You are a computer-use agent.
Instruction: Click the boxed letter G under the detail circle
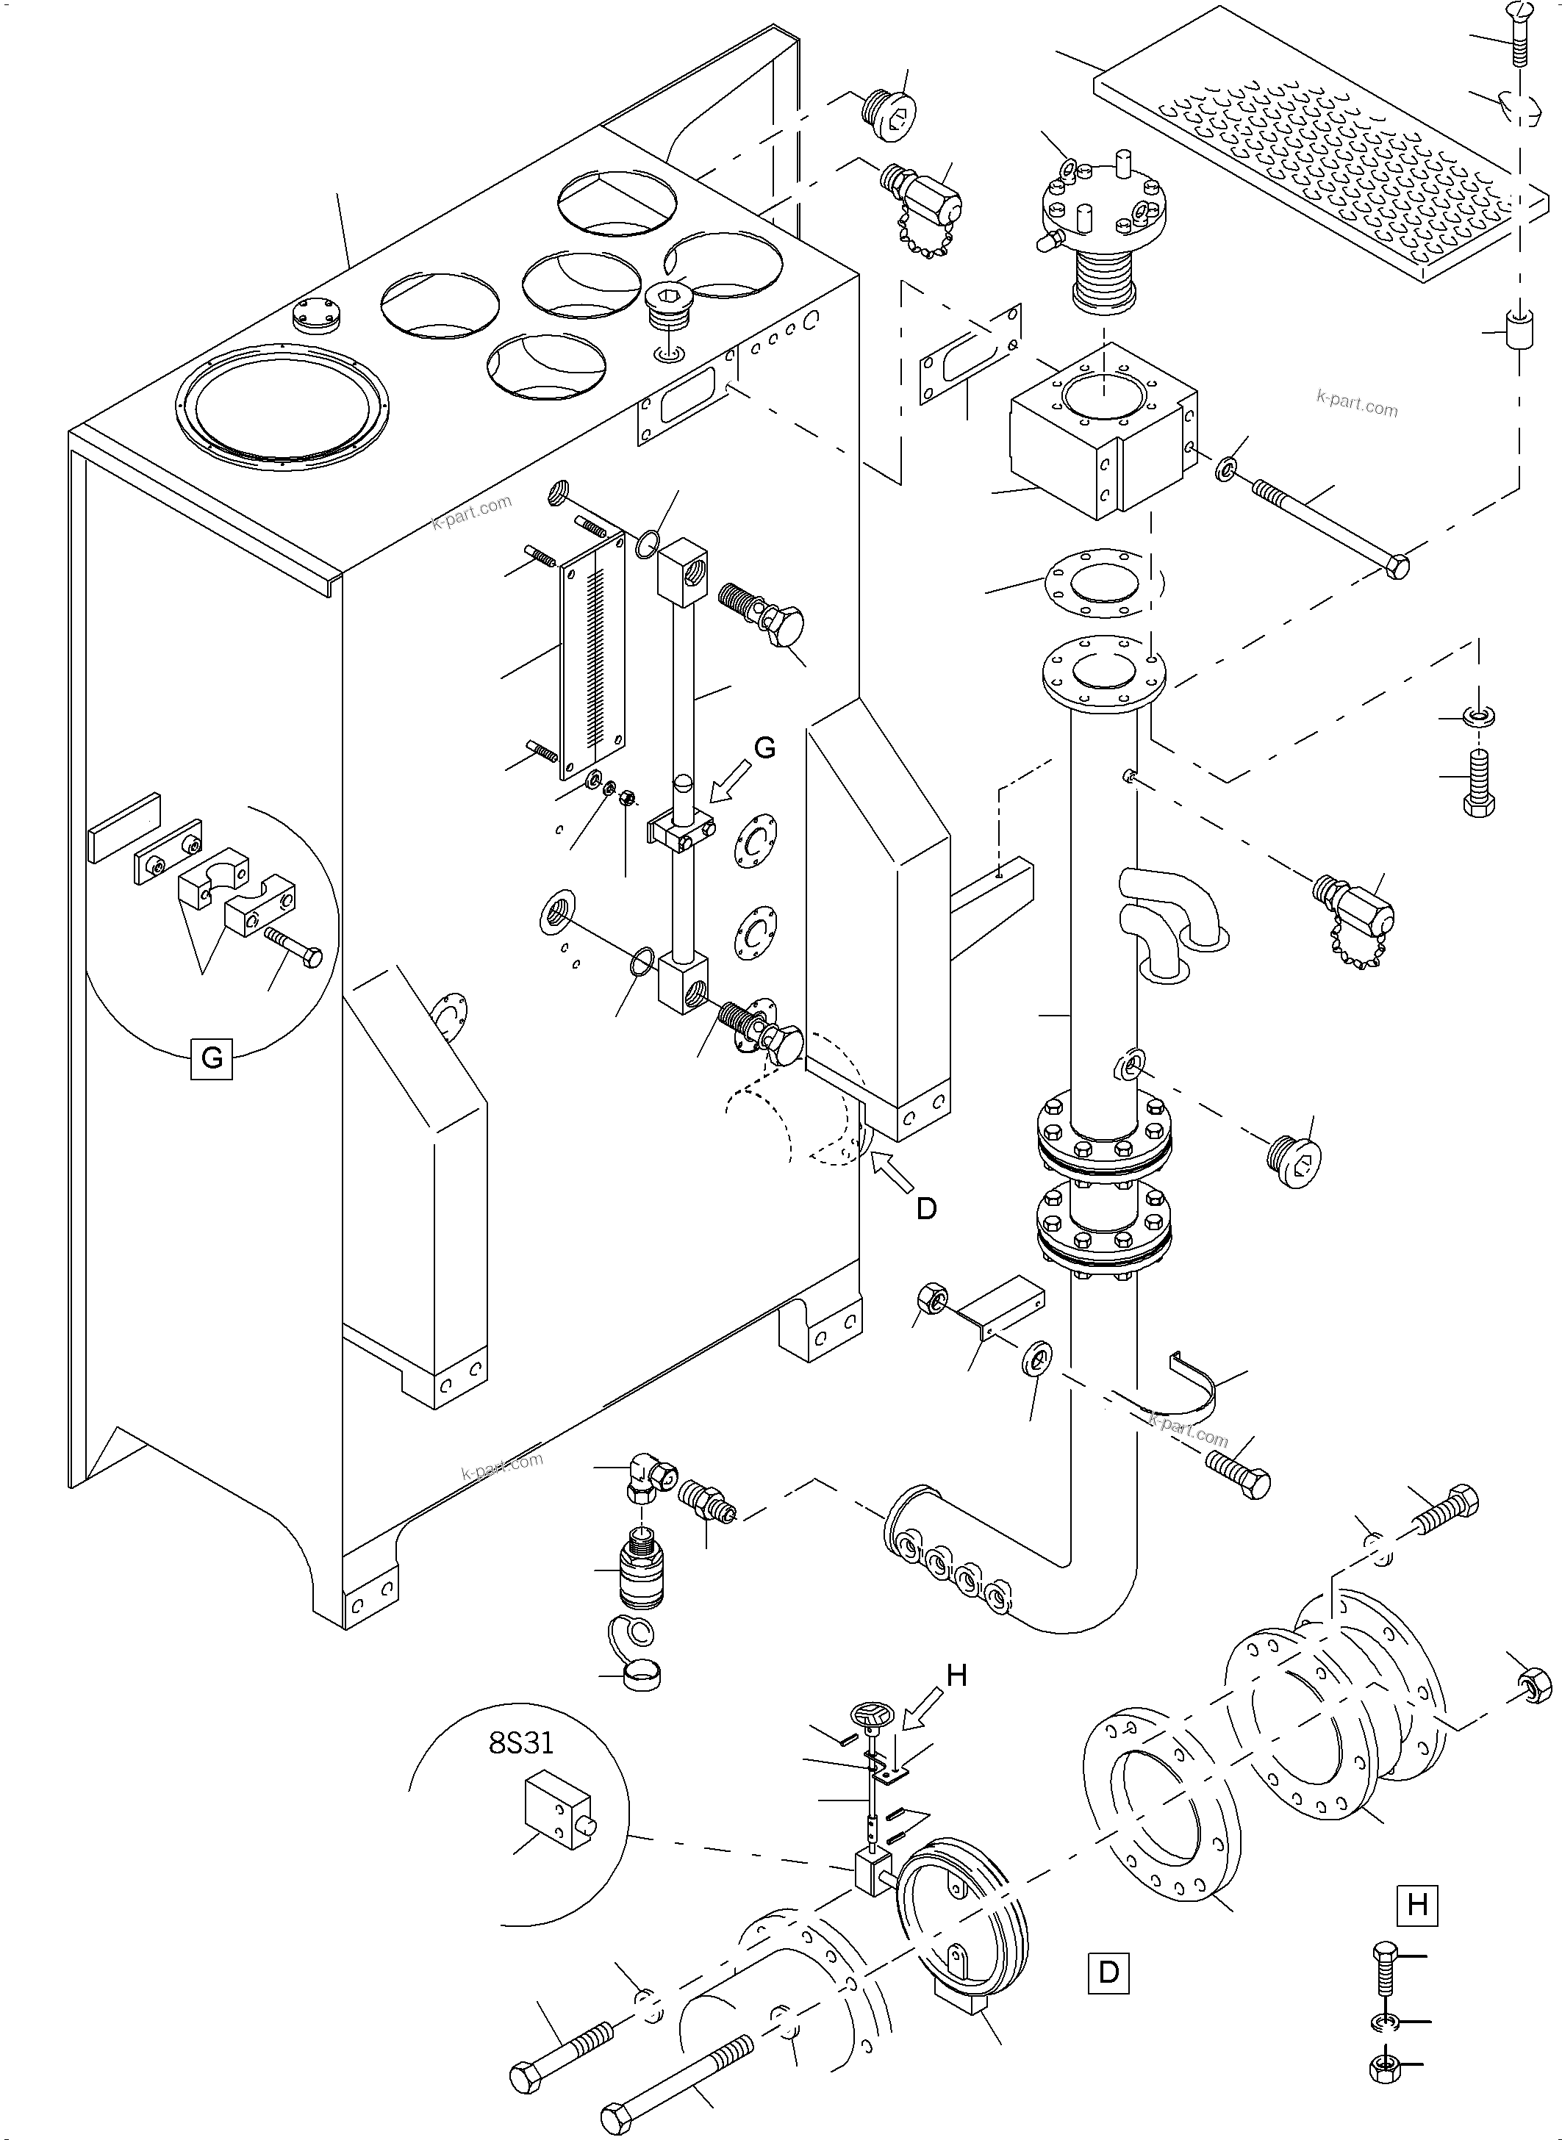click(212, 1058)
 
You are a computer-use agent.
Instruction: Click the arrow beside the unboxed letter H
click(921, 1709)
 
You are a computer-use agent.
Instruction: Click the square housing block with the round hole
click(1102, 430)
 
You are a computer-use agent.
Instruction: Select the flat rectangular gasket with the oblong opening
click(971, 354)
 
